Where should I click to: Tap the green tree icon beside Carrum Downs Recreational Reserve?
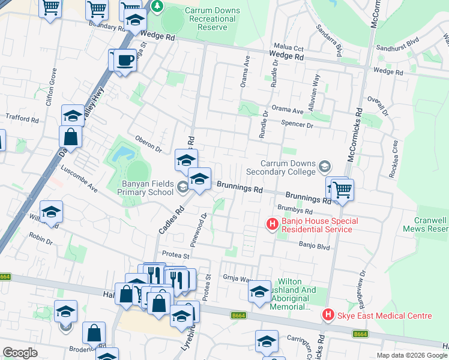pos(157,7)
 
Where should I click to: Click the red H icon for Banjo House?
pos(272,225)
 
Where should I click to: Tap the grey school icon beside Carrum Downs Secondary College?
pos(325,165)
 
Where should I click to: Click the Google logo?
pos(20,353)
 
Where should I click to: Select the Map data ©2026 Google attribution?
pos(411,355)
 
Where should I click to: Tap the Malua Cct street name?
pos(289,47)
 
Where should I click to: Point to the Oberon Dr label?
pos(149,143)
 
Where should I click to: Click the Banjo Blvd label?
pos(315,245)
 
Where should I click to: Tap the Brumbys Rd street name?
pos(295,211)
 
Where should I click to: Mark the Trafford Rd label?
pos(22,119)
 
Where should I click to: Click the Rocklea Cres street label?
pos(394,155)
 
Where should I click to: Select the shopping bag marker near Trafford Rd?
pos(71,137)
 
